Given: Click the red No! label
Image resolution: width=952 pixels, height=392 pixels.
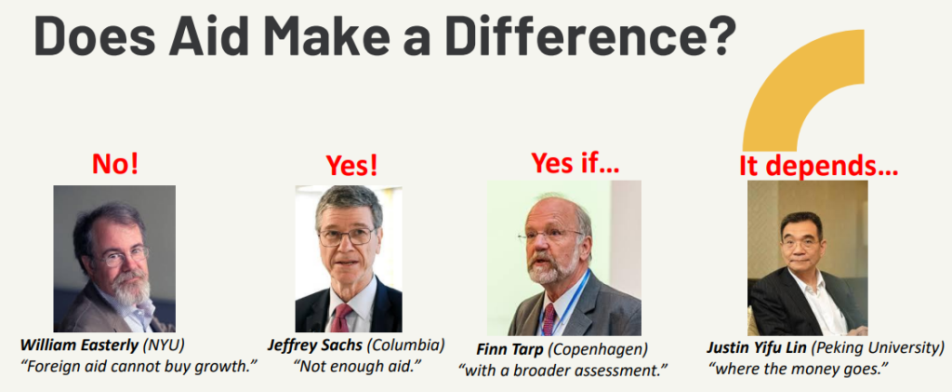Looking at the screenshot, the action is pos(114,164).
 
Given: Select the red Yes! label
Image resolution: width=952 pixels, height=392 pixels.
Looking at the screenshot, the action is pos(350,166).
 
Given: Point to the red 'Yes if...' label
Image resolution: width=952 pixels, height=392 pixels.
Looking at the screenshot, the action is pos(575,162).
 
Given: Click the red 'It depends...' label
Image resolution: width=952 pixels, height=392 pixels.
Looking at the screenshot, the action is pos(818,166).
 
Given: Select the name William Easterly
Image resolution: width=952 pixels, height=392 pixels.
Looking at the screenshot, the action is pos(79,345).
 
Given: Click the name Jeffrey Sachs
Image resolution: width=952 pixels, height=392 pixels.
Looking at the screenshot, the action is pos(315,345).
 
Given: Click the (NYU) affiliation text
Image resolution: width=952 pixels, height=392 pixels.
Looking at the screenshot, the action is pos(163,345).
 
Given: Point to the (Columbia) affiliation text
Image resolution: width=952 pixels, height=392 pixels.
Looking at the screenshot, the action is pos(406,345).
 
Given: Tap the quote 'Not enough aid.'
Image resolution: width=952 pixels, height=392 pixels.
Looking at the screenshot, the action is pos(358,367).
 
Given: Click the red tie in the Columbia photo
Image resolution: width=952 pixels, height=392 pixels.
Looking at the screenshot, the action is pos(340,318).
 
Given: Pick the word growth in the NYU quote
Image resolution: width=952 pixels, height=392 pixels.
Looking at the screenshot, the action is pos(219,368).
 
